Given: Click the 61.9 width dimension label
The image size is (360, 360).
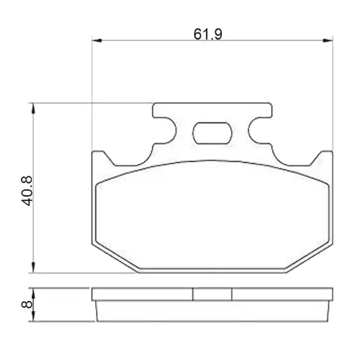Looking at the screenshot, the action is click(x=208, y=35).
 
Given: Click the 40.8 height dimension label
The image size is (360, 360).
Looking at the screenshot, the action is click(x=27, y=191).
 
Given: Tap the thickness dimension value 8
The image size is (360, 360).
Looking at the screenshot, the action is click(x=27, y=305).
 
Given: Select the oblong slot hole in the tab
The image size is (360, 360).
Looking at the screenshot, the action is click(x=212, y=133).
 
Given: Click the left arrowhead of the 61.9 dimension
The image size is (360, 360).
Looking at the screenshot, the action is click(x=97, y=40).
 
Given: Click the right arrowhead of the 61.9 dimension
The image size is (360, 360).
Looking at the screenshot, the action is click(x=328, y=40).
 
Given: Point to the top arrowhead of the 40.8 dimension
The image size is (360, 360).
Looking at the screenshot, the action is click(x=34, y=109).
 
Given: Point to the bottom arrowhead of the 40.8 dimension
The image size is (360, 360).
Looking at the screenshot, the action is click(x=34, y=267).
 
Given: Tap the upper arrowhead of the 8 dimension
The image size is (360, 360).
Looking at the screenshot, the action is click(x=34, y=293).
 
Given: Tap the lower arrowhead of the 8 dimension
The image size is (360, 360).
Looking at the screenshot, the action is click(x=34, y=316).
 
